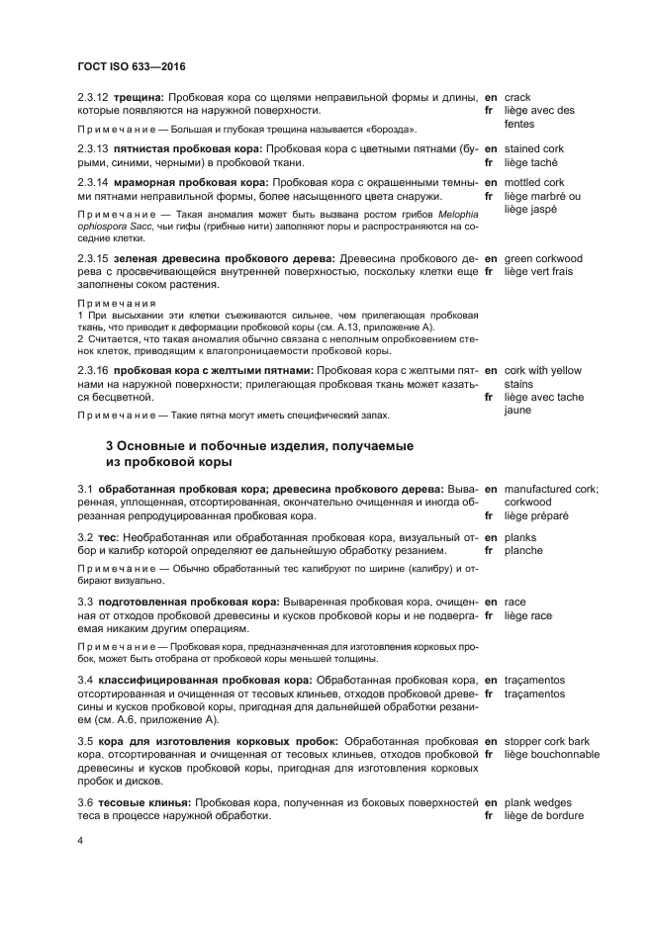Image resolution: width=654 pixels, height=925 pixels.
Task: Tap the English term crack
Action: coord(517,98)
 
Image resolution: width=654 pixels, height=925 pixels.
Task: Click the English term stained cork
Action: coord(533,148)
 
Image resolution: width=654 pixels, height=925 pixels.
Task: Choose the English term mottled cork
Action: coord(534,183)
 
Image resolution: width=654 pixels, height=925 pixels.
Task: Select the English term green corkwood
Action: coord(543,259)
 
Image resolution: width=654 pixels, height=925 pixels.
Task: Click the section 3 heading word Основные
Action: coord(163,446)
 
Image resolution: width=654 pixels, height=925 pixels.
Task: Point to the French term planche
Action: coord(523,550)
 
